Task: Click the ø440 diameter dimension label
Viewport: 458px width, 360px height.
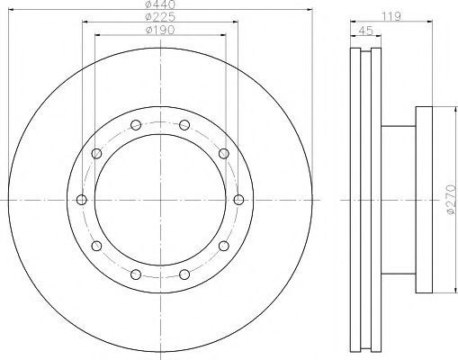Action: click(x=160, y=4)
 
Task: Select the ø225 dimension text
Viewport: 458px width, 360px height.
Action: click(x=160, y=17)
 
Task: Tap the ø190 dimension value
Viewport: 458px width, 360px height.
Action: click(x=160, y=30)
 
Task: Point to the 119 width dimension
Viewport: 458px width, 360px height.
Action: click(x=391, y=16)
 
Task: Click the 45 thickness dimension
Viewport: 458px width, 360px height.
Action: click(x=365, y=31)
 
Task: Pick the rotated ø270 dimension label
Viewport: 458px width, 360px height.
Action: click(x=451, y=200)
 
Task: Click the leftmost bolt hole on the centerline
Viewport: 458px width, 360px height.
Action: click(x=82, y=200)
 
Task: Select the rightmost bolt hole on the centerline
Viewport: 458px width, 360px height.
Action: click(x=238, y=200)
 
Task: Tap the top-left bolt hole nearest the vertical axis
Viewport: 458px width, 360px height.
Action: click(x=136, y=125)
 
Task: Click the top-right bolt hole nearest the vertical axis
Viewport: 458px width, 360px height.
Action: click(x=184, y=125)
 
